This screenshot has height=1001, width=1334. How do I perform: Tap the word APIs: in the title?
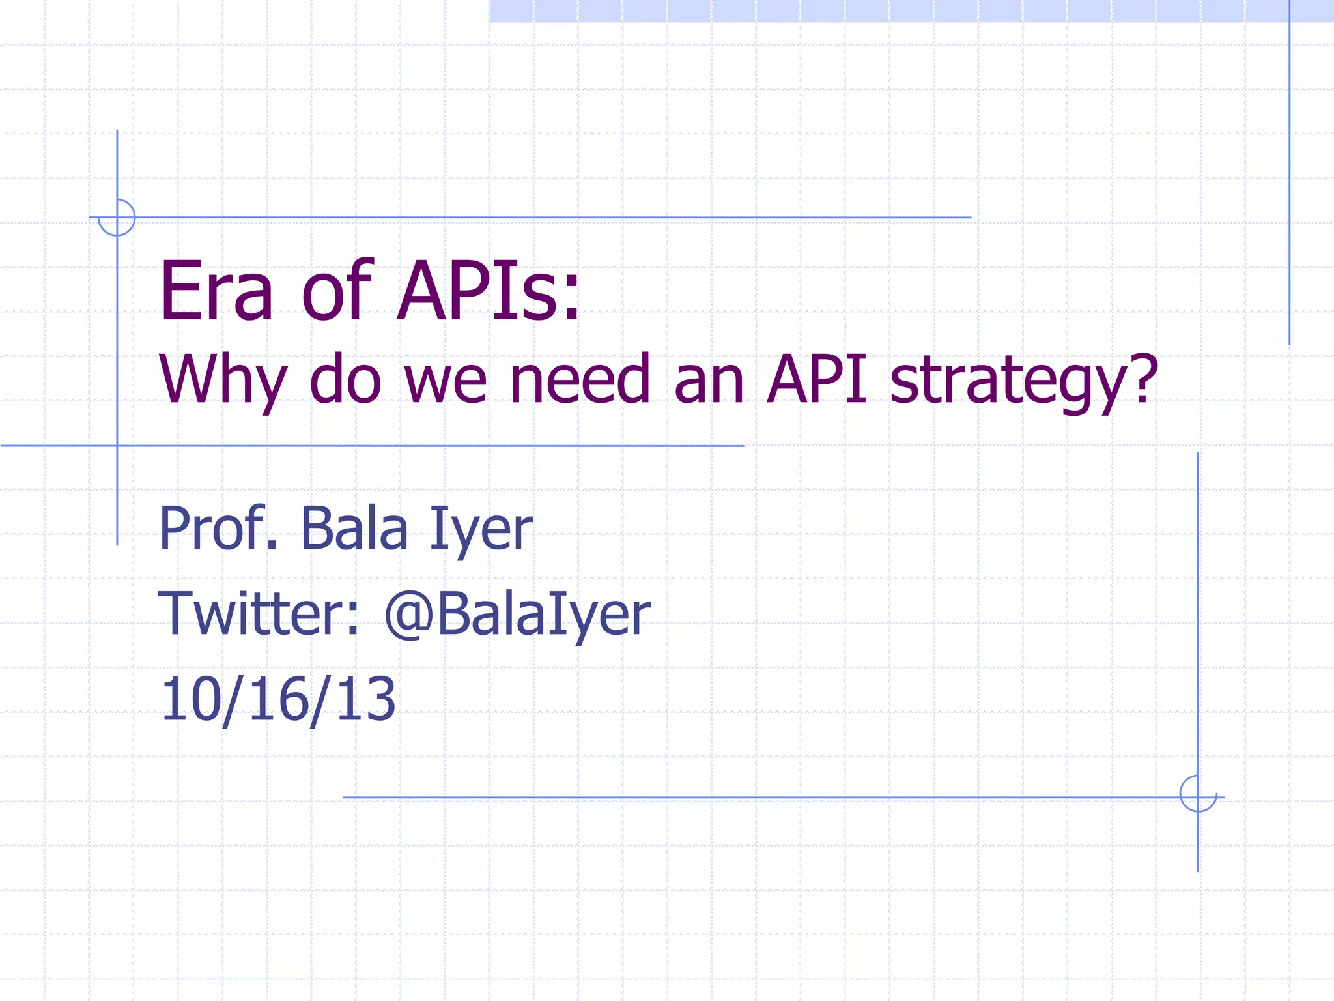click(x=489, y=291)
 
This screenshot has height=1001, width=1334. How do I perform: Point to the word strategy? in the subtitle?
click(x=1023, y=381)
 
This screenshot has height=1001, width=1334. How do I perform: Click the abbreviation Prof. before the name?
click(x=218, y=529)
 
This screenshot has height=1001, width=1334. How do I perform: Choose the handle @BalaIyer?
click(x=517, y=615)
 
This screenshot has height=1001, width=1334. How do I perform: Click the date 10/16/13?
click(x=278, y=699)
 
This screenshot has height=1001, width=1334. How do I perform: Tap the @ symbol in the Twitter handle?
click(x=409, y=615)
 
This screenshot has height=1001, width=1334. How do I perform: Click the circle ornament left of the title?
click(x=117, y=218)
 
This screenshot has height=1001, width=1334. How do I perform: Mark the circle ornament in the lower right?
click(x=1198, y=794)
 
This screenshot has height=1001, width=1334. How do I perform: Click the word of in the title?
click(x=336, y=291)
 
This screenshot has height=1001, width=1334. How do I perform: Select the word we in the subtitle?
click(x=446, y=380)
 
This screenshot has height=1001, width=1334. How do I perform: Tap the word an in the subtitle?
click(x=709, y=380)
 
